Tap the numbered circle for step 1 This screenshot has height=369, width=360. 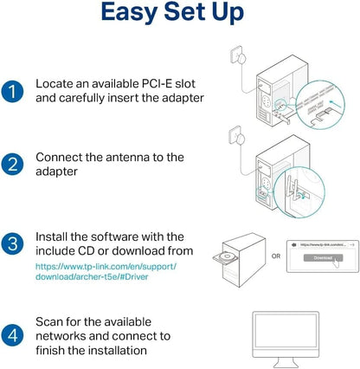[x=12, y=93]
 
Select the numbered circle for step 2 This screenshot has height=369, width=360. [x=12, y=165]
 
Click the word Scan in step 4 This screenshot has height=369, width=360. [x=52, y=320]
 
